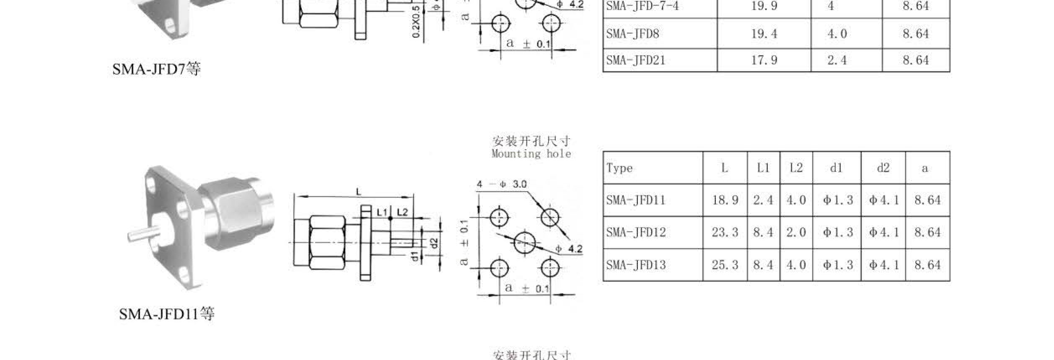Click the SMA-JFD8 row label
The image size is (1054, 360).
click(632, 34)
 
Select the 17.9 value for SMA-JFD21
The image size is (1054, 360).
click(764, 60)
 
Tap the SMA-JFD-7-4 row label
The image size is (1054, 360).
click(642, 6)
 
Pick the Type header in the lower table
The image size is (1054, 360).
click(619, 168)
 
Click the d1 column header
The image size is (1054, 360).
click(836, 168)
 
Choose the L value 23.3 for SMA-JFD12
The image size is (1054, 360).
click(725, 233)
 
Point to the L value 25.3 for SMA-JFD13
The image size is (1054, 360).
click(725, 265)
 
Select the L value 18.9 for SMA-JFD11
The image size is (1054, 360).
click(725, 200)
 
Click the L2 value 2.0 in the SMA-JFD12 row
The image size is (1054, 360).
click(796, 233)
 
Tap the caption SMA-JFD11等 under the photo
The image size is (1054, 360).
click(166, 314)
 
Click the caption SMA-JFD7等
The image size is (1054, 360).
click(156, 69)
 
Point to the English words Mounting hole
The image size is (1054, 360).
click(531, 154)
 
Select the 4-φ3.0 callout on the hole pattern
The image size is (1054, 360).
click(502, 184)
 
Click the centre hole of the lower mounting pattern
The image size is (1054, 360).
click(524, 243)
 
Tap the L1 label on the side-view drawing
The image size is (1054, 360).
click(381, 212)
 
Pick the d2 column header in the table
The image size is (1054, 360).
click(883, 168)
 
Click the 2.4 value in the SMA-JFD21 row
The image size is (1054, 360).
click(837, 60)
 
